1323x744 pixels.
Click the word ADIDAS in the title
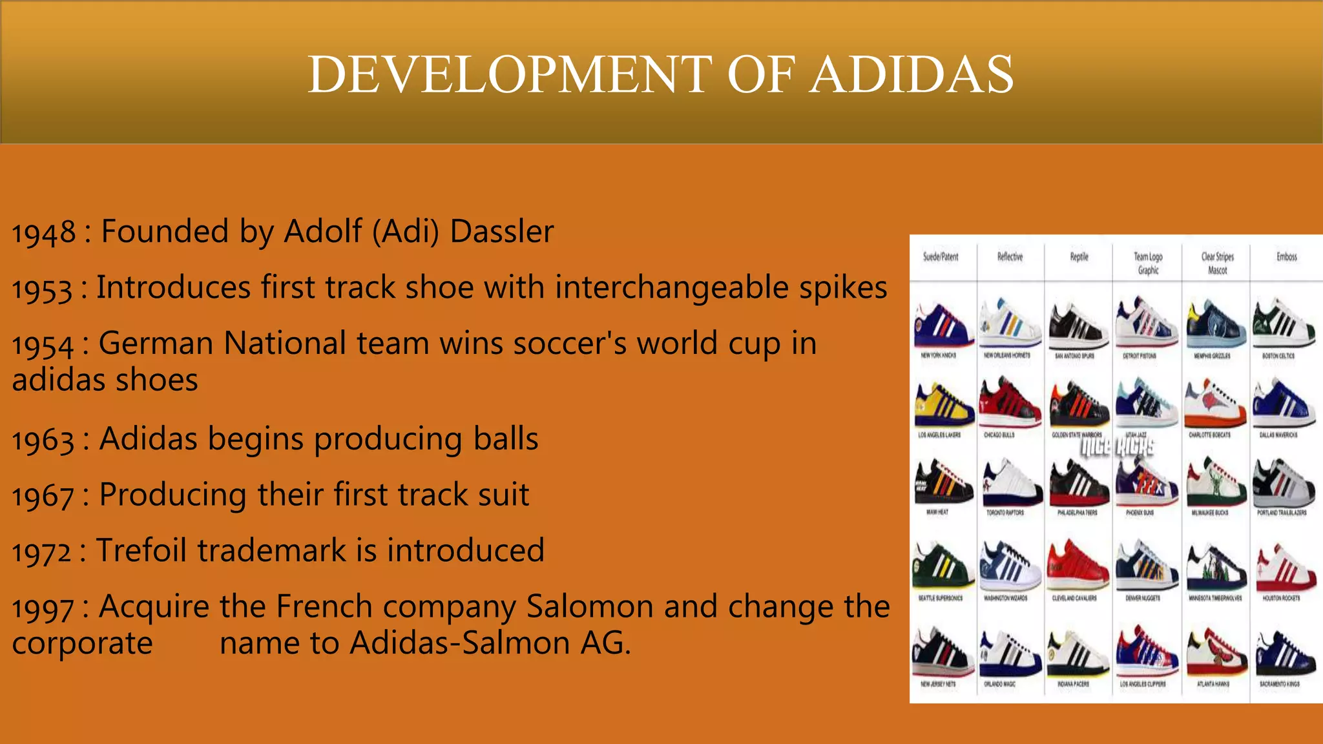click(912, 74)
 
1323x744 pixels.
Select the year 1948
click(44, 233)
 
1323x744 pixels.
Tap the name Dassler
click(502, 231)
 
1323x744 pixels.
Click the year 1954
click(43, 346)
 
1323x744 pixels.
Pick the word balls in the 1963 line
click(506, 439)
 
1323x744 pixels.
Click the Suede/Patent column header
click(941, 257)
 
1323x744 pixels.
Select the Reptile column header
click(1079, 257)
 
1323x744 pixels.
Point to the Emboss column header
click(1286, 257)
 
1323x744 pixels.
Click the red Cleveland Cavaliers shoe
click(1078, 565)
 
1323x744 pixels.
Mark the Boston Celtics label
click(1278, 356)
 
